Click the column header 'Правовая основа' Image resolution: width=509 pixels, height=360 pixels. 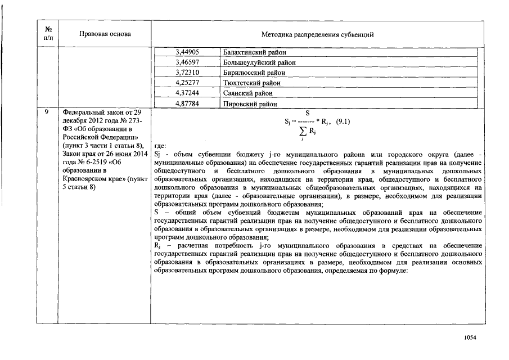tap(105, 34)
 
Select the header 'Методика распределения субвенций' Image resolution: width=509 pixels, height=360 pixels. tap(318, 35)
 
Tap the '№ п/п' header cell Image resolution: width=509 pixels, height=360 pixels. tap(47, 34)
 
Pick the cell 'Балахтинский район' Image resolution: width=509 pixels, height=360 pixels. tap(251, 52)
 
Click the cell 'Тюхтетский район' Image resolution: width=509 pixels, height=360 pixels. tap(248, 83)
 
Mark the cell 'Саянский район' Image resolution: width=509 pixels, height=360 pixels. tap(245, 93)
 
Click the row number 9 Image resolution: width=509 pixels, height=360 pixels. tap(47, 112)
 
